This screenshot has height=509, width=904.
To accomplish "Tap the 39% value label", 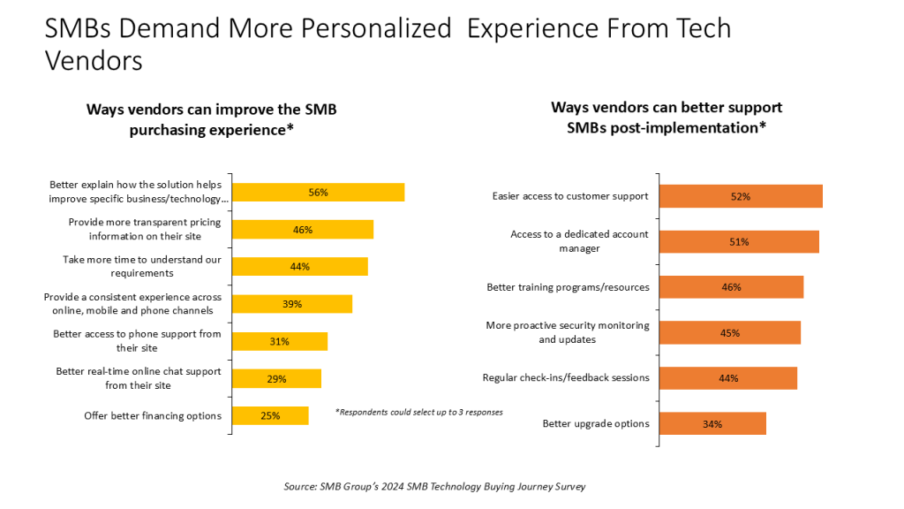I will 292,304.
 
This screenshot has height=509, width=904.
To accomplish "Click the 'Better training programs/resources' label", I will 568,287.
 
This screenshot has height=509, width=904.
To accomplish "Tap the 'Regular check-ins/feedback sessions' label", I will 565,377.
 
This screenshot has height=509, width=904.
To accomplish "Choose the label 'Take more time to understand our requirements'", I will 141,266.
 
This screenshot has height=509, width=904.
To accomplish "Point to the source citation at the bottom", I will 434,486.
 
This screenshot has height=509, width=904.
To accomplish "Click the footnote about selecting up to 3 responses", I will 419,413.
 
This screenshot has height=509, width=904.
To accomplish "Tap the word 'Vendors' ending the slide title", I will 94,60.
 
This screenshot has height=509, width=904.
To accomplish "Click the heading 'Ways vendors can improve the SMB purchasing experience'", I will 211,119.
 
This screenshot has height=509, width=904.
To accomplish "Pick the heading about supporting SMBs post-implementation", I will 667,117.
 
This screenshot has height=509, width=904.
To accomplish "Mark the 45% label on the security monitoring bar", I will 729,333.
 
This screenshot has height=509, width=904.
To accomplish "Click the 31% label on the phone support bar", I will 279,341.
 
